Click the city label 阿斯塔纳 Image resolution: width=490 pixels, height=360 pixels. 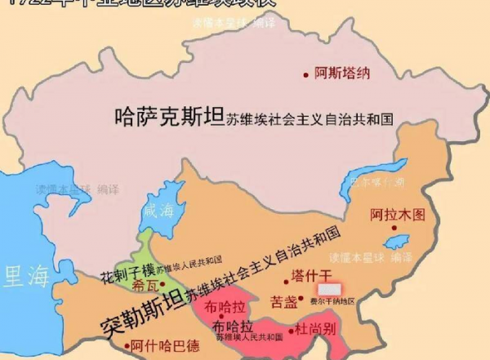(342, 73)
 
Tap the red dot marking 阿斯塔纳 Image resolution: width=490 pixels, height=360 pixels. (307, 73)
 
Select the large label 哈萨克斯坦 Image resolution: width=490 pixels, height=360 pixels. (170, 117)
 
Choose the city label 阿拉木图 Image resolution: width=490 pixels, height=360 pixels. (398, 215)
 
